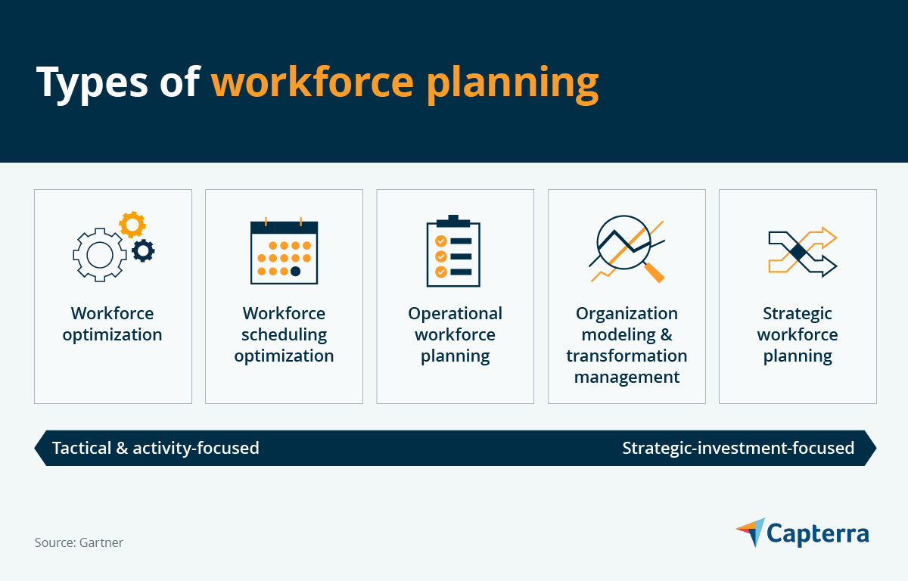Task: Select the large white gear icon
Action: tap(99, 254)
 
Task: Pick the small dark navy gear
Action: tap(143, 250)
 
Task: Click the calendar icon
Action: tap(284, 252)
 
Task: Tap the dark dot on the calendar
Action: tap(295, 271)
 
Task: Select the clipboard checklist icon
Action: tap(453, 252)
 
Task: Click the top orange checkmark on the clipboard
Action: tap(440, 241)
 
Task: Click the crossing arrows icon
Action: tap(802, 253)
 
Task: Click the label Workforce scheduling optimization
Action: tap(284, 334)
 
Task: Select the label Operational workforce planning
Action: tap(455, 334)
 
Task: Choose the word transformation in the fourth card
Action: tap(627, 356)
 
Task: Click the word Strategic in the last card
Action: tap(797, 313)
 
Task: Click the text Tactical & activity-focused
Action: tap(155, 448)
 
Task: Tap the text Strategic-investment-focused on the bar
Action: tap(738, 448)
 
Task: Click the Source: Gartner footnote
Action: tap(79, 542)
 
